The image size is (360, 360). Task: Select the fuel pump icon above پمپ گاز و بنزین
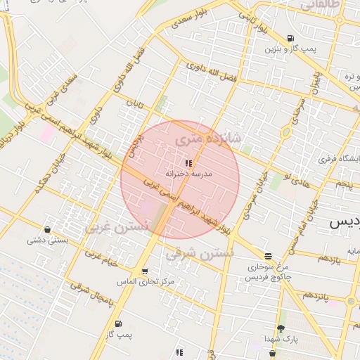tap(291, 38)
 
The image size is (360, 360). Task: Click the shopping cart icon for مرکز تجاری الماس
tap(145, 271)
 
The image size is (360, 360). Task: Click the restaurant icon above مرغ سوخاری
tap(267, 257)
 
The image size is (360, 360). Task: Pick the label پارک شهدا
tap(281, 340)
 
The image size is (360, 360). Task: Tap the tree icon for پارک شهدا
tap(281, 329)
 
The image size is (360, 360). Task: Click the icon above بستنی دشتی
tap(47, 229)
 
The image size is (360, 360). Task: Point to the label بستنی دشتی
tap(47, 240)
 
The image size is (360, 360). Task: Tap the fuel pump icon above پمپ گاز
tap(117, 324)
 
